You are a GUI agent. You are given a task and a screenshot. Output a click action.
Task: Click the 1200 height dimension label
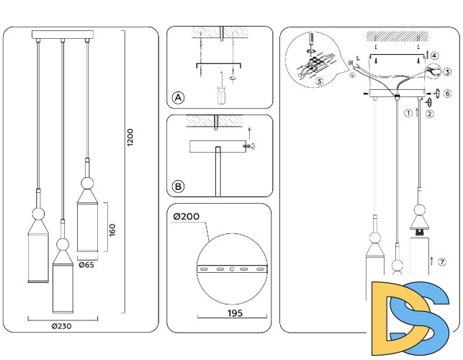click(130, 138)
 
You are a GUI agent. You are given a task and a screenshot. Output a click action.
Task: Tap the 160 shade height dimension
click(113, 228)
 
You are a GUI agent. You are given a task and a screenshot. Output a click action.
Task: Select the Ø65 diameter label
click(86, 264)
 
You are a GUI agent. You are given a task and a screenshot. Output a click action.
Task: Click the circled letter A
click(178, 98)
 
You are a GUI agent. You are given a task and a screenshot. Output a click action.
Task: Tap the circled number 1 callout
click(408, 112)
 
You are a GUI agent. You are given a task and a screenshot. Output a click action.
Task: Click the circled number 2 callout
click(429, 113)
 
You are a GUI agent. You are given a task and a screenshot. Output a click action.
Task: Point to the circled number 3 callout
click(447, 72)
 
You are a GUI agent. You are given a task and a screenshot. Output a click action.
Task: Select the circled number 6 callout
click(447, 94)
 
